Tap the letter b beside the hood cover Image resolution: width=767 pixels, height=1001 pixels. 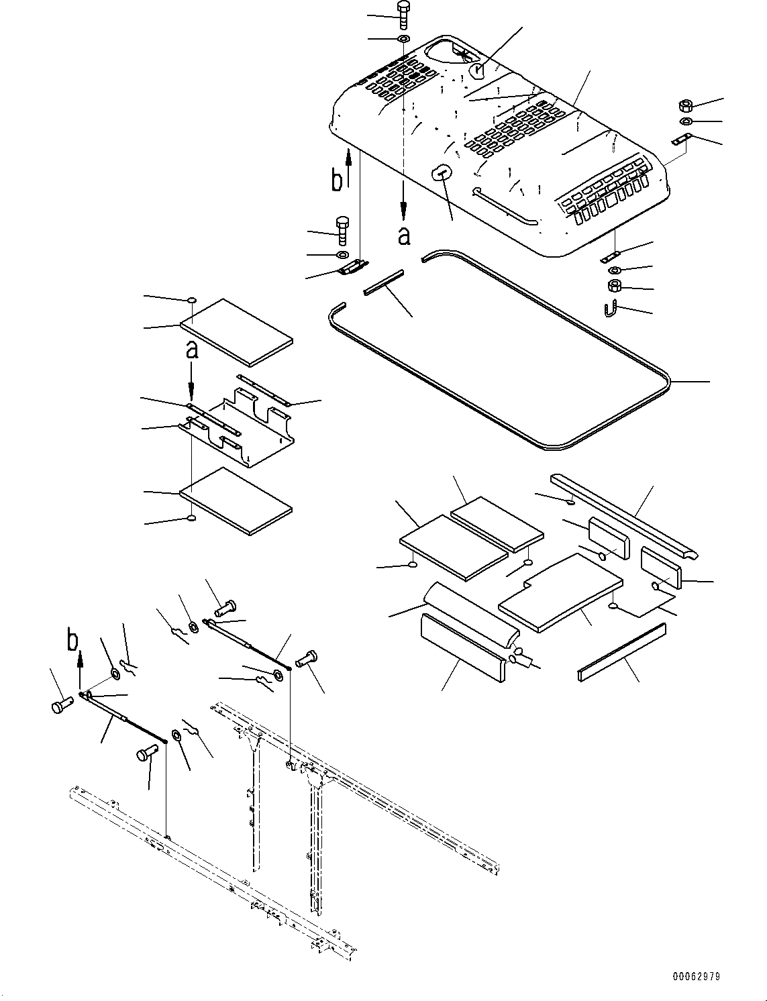(338, 180)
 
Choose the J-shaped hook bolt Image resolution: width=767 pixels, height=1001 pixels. (611, 311)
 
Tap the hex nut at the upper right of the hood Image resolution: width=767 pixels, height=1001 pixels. (686, 105)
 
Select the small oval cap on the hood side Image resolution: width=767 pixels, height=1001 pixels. (440, 172)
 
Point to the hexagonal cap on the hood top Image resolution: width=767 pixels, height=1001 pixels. (476, 70)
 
